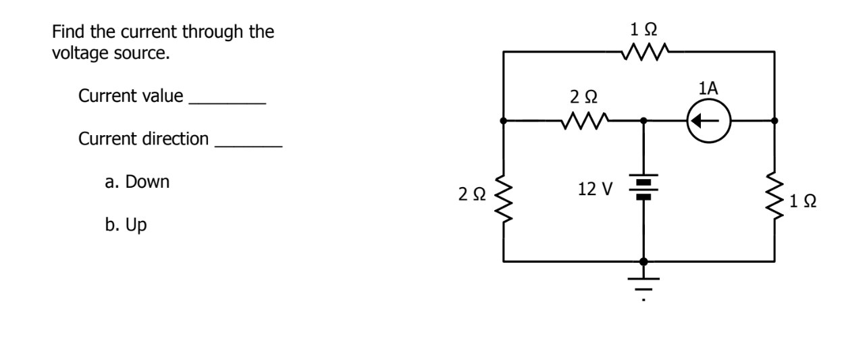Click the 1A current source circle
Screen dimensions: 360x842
[708, 122]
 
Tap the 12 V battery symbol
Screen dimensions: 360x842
[643, 188]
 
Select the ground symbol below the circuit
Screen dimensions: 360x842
[643, 284]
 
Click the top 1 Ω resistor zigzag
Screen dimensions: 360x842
[643, 51]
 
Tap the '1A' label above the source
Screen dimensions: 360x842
[708, 88]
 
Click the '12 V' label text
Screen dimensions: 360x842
[595, 190]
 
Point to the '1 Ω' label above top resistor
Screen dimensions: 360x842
[643, 28]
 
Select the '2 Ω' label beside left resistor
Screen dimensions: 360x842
[471, 195]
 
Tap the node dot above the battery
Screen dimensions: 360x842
[643, 122]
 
